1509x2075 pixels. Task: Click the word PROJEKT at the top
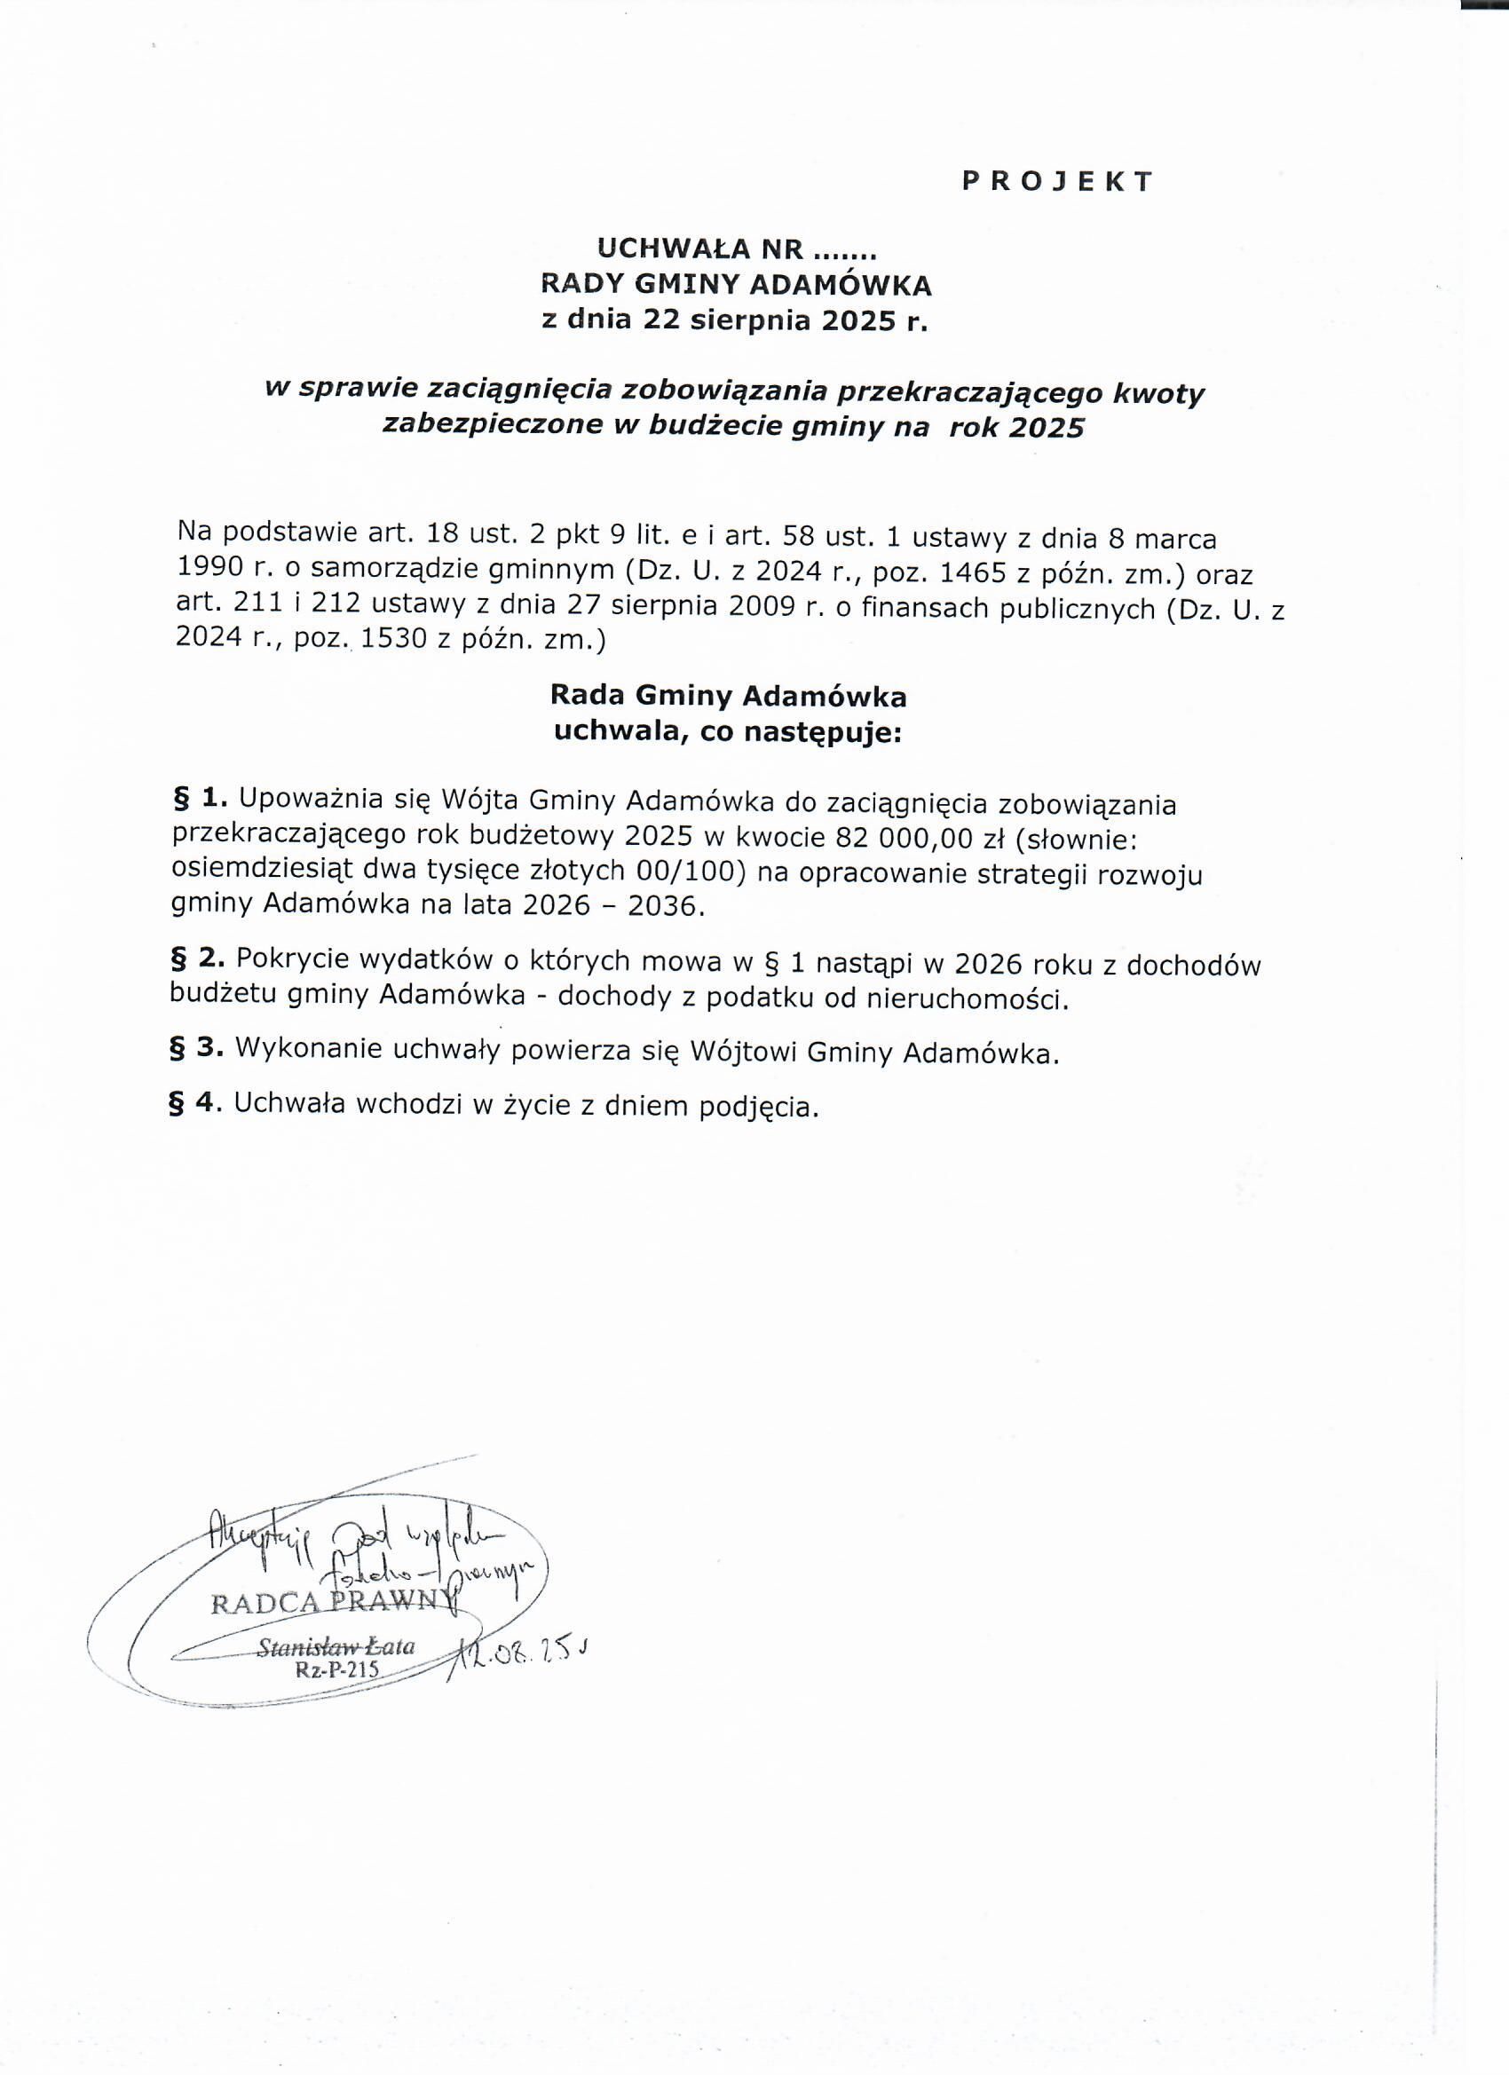click(1057, 181)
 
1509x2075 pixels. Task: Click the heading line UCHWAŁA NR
click(737, 249)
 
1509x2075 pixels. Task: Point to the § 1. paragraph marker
click(199, 800)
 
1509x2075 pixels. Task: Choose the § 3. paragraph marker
click(197, 1048)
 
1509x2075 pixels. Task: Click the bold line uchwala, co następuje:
click(728, 733)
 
